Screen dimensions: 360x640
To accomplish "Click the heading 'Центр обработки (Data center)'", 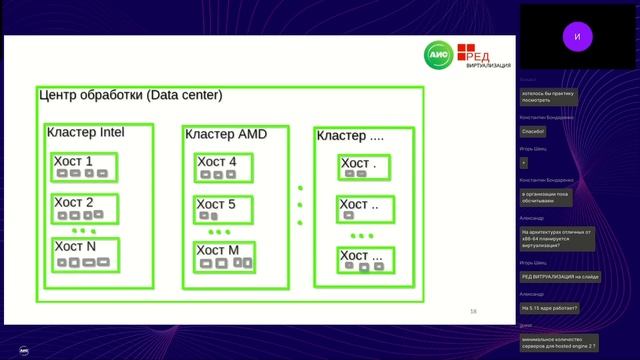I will tap(130, 96).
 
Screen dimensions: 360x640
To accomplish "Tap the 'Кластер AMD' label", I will tap(224, 134).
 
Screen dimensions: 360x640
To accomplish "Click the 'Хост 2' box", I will tap(85, 208).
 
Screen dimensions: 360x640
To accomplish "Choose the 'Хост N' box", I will tap(85, 254).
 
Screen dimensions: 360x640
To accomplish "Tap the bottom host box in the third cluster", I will tap(361, 261).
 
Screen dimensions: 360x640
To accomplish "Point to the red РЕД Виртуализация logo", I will tap(479, 58).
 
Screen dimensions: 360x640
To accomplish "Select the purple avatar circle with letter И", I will tap(577, 36).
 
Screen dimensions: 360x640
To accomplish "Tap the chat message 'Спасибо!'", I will tap(533, 130).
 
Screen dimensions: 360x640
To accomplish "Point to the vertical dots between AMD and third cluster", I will tap(300, 205).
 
